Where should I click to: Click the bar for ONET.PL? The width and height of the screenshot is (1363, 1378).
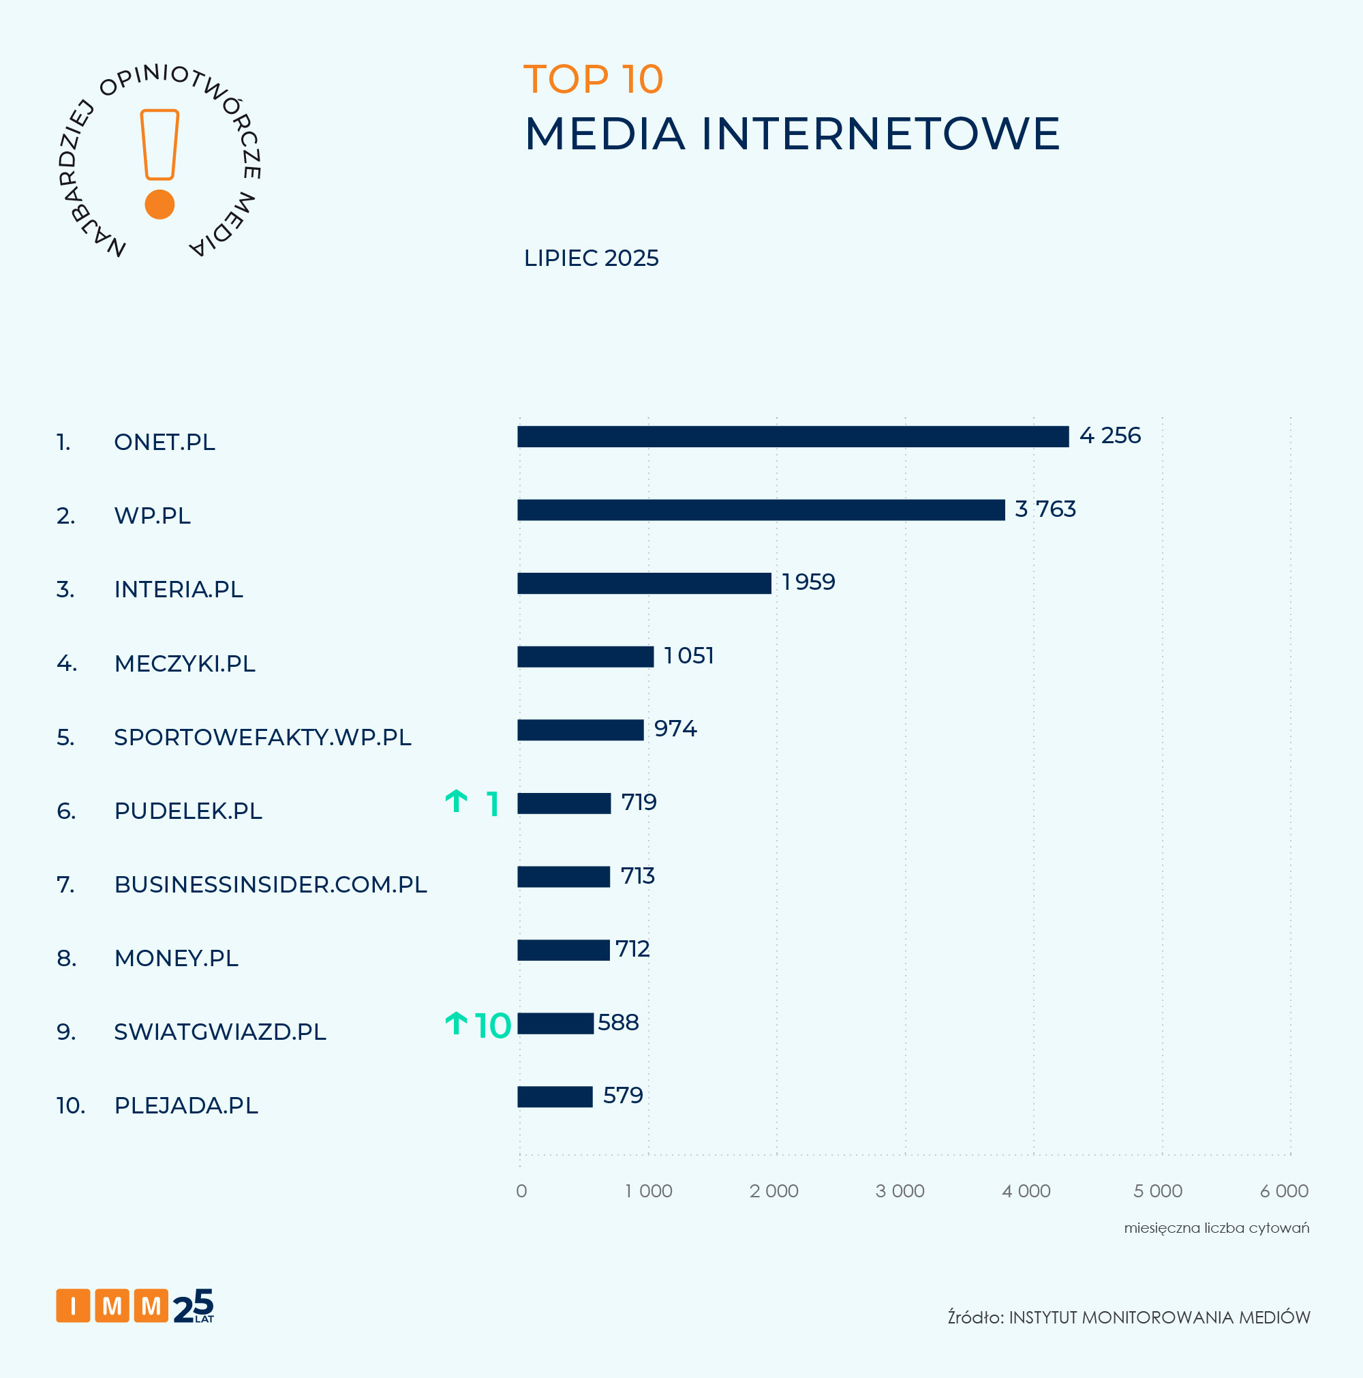point(793,436)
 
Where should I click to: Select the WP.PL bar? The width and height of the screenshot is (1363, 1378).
point(761,510)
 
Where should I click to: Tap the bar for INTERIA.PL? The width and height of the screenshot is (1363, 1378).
point(644,584)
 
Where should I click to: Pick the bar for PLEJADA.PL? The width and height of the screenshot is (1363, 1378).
point(555,1097)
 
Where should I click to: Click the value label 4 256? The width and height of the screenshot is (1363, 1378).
point(1109,435)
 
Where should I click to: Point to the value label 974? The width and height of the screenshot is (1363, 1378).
point(675,728)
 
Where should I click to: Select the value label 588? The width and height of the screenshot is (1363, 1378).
point(618,1023)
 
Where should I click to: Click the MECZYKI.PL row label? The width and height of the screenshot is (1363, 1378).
point(185,663)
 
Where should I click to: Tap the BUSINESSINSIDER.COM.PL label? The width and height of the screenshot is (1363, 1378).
point(270,884)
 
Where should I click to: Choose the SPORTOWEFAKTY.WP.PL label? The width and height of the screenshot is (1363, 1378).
point(262,737)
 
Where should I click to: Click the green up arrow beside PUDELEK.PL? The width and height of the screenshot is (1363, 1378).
point(456,802)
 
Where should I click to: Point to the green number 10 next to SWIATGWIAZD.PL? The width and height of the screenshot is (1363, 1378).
point(493,1025)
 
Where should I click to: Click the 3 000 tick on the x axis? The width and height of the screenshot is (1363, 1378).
point(900,1191)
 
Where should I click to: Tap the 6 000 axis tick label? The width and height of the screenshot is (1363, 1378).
point(1283,1191)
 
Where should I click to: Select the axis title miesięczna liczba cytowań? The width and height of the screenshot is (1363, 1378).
point(1216,1228)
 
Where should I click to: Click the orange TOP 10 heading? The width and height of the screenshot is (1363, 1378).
point(593,78)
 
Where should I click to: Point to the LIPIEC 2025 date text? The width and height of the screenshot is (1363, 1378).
point(591,258)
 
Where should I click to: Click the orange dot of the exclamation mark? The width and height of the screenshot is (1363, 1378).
point(159,205)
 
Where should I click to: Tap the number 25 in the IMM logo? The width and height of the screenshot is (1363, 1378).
point(192,1306)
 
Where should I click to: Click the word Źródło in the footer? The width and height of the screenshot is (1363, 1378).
point(975,1317)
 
